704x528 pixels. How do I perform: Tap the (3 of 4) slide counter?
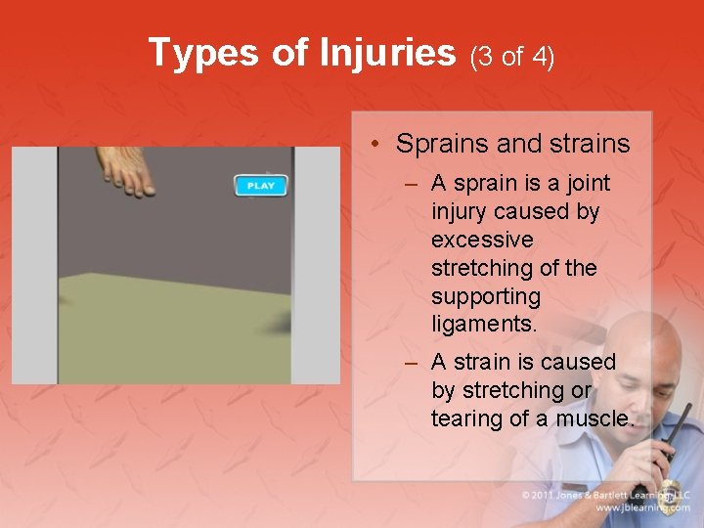point(512,57)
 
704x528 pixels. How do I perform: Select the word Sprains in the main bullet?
point(442,144)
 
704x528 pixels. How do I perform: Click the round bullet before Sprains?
point(376,145)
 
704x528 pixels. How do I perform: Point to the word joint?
point(584,183)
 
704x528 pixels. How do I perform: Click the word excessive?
point(482,240)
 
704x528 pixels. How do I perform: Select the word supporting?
point(486,295)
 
